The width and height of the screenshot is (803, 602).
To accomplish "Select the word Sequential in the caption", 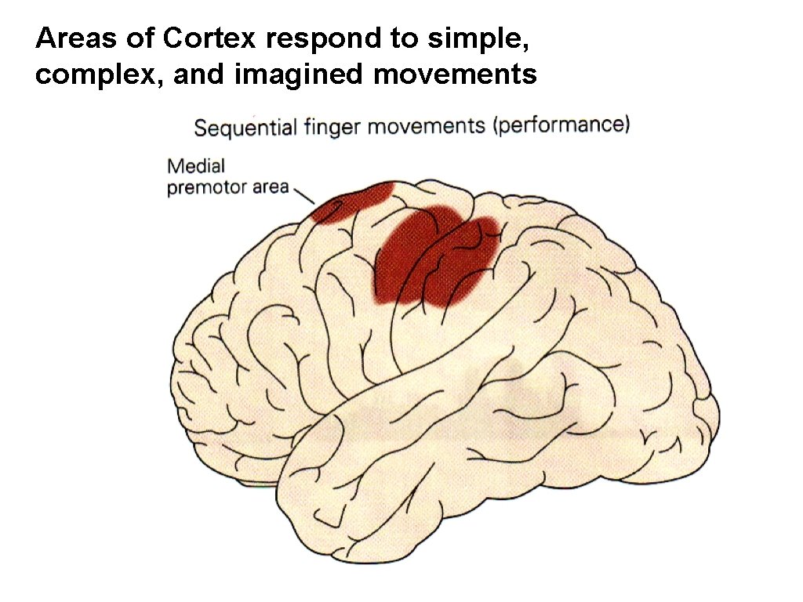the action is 245,128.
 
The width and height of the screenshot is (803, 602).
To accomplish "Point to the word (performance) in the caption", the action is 561,125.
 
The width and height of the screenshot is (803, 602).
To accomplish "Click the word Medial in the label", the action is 196,166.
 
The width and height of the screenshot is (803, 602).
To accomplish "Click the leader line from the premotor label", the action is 303,194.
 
